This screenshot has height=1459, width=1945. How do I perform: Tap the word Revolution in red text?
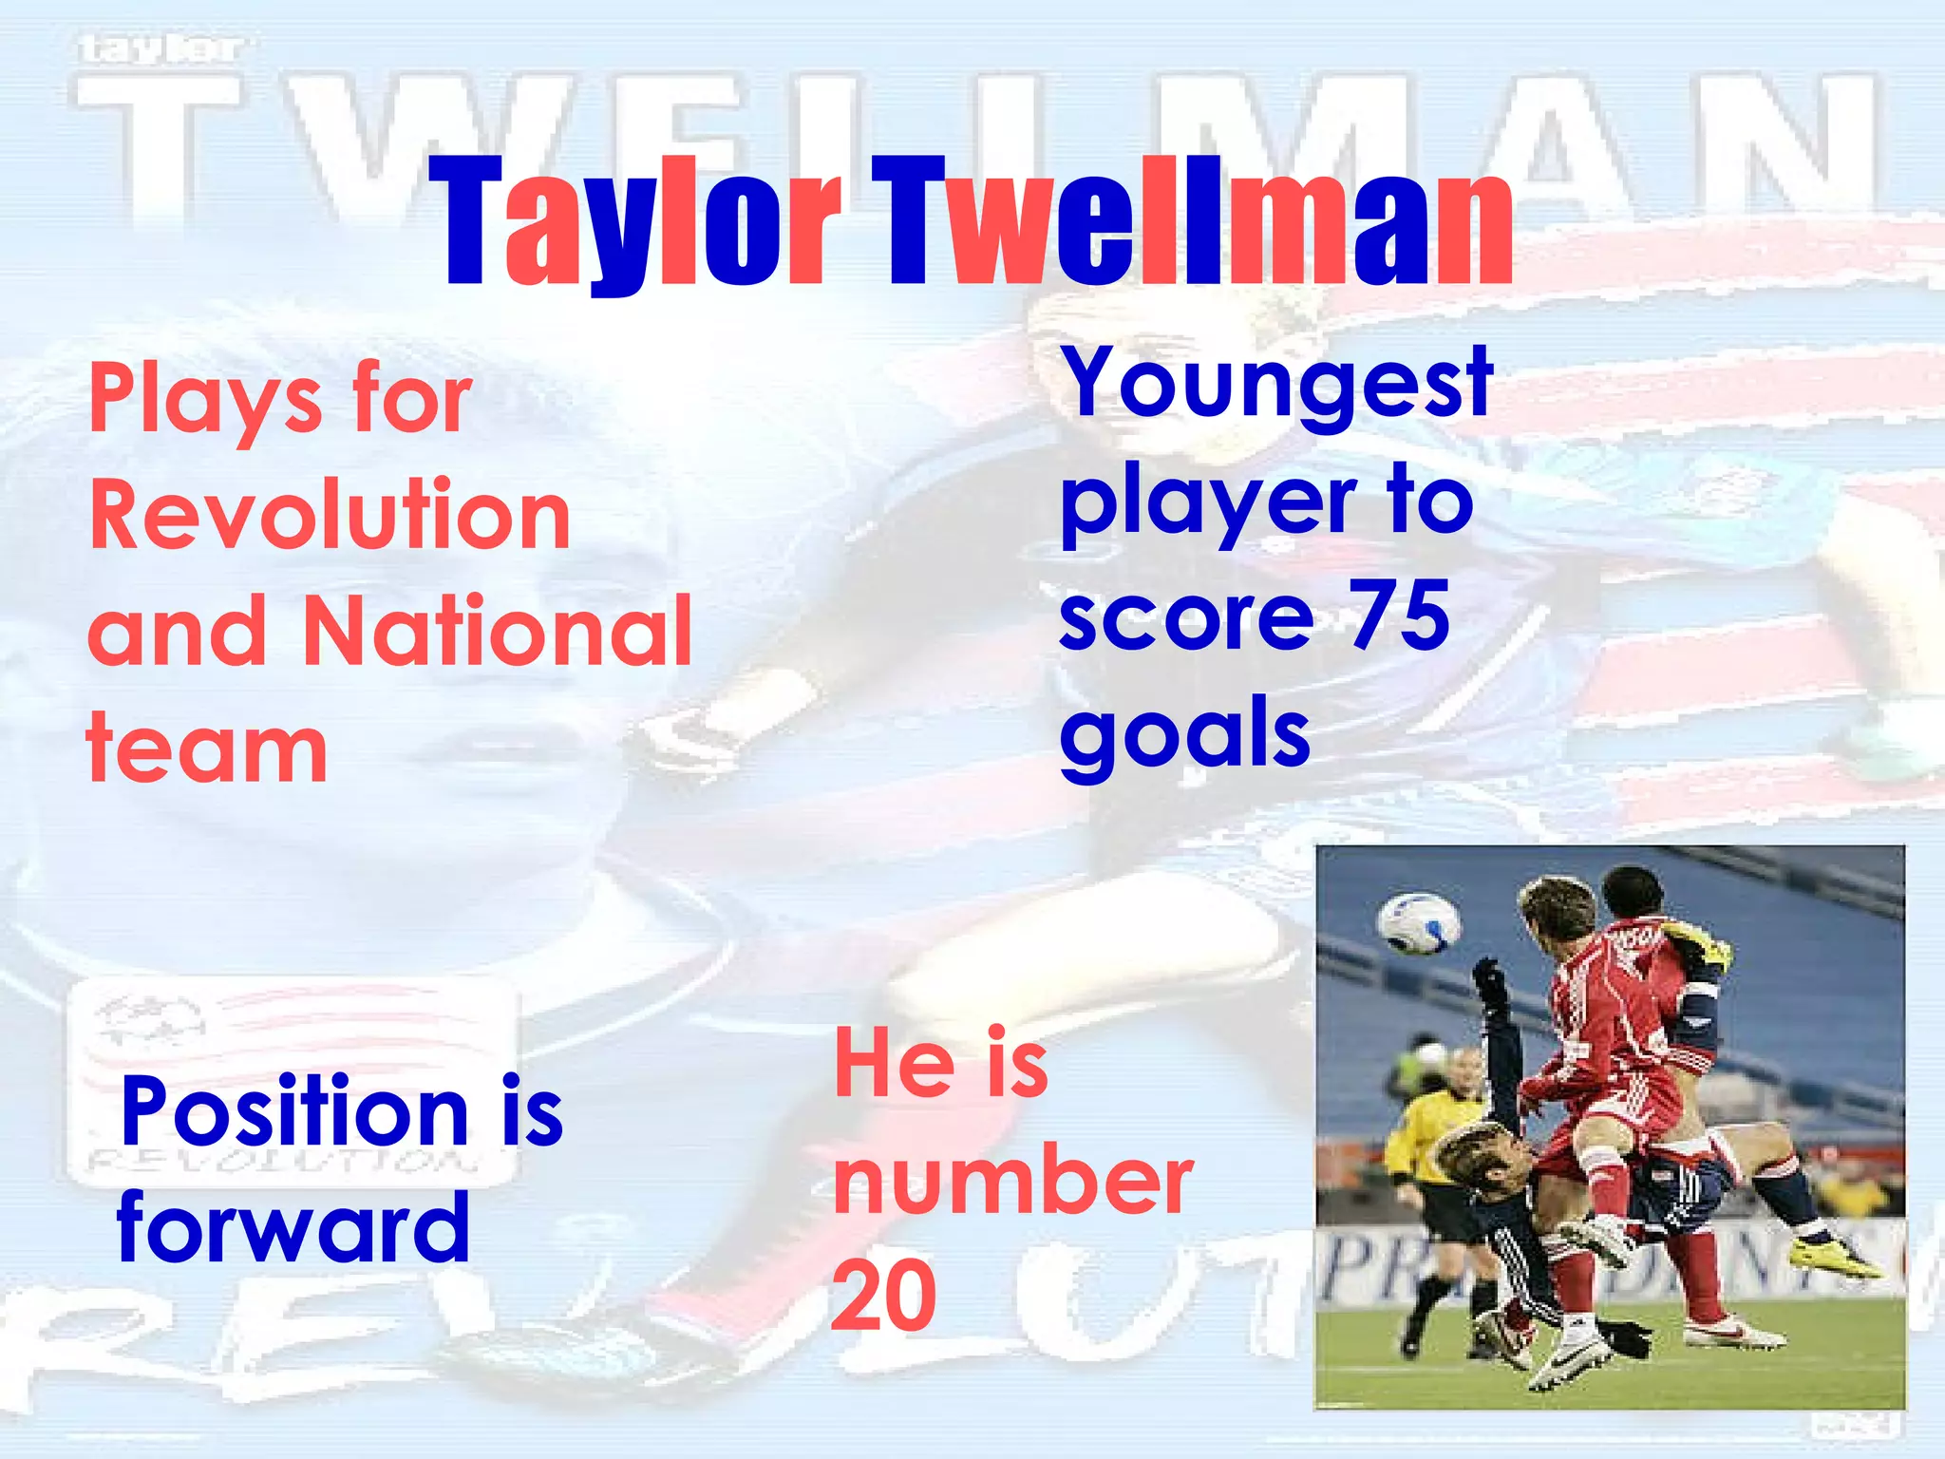point(330,515)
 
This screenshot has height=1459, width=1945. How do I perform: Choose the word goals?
point(1184,734)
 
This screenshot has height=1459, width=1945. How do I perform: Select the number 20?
point(883,1294)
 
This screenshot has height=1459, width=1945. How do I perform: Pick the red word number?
point(1012,1181)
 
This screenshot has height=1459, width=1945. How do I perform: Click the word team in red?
point(207,750)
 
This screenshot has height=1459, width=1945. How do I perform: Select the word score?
point(1186,617)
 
